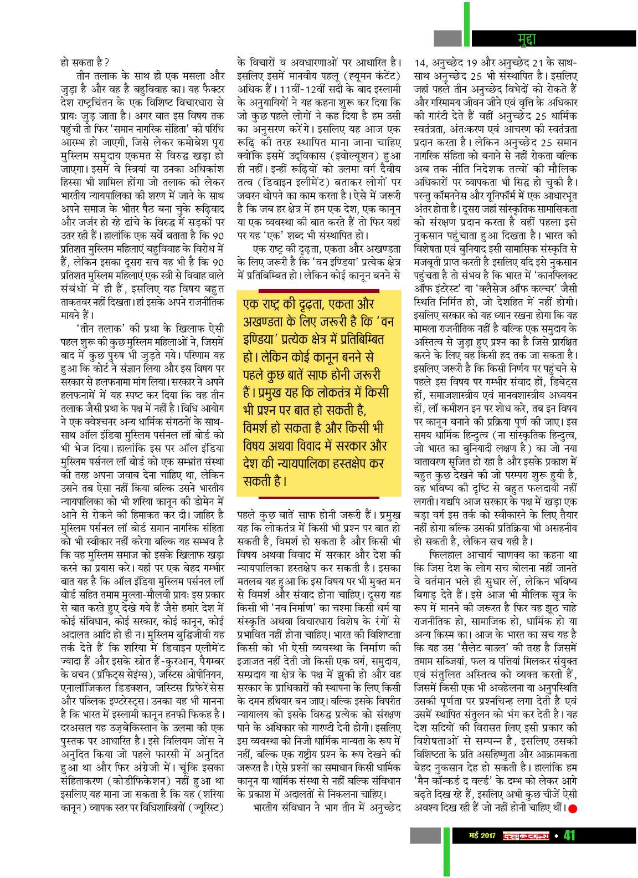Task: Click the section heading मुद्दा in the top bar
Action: click(526, 38)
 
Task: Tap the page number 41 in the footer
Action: click(570, 834)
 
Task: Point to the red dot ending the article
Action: click(573, 809)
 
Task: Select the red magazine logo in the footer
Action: click(526, 835)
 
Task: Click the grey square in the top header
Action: click(447, 38)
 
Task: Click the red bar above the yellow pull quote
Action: click(318, 290)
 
